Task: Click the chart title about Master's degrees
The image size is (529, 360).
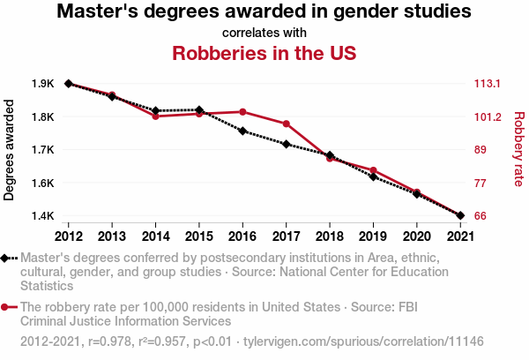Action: point(264,12)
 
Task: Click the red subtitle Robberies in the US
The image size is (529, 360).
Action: point(264,53)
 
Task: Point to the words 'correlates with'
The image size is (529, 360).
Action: point(264,33)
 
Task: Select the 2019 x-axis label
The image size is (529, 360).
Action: point(373,236)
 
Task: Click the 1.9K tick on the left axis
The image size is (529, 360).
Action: point(42,84)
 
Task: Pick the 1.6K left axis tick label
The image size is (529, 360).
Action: point(42,184)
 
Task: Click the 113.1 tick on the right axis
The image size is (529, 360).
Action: point(488,84)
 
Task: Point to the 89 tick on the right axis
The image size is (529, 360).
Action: point(481,150)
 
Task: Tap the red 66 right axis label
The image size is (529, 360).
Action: point(481,216)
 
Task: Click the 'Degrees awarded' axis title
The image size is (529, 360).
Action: point(10,150)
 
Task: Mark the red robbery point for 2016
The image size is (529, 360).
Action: point(242,112)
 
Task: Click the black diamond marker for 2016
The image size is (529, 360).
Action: point(242,131)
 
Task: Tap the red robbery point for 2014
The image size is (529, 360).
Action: point(155,116)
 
